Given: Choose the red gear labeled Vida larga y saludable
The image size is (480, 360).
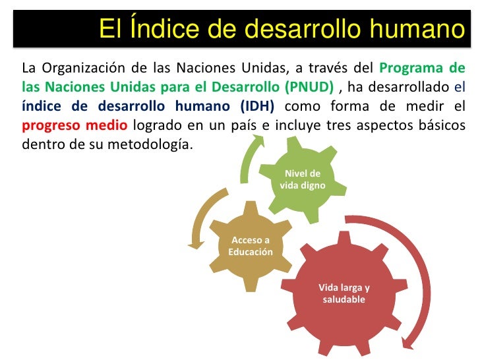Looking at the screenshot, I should point(344,294).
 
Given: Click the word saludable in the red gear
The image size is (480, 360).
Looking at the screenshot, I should point(344,300).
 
